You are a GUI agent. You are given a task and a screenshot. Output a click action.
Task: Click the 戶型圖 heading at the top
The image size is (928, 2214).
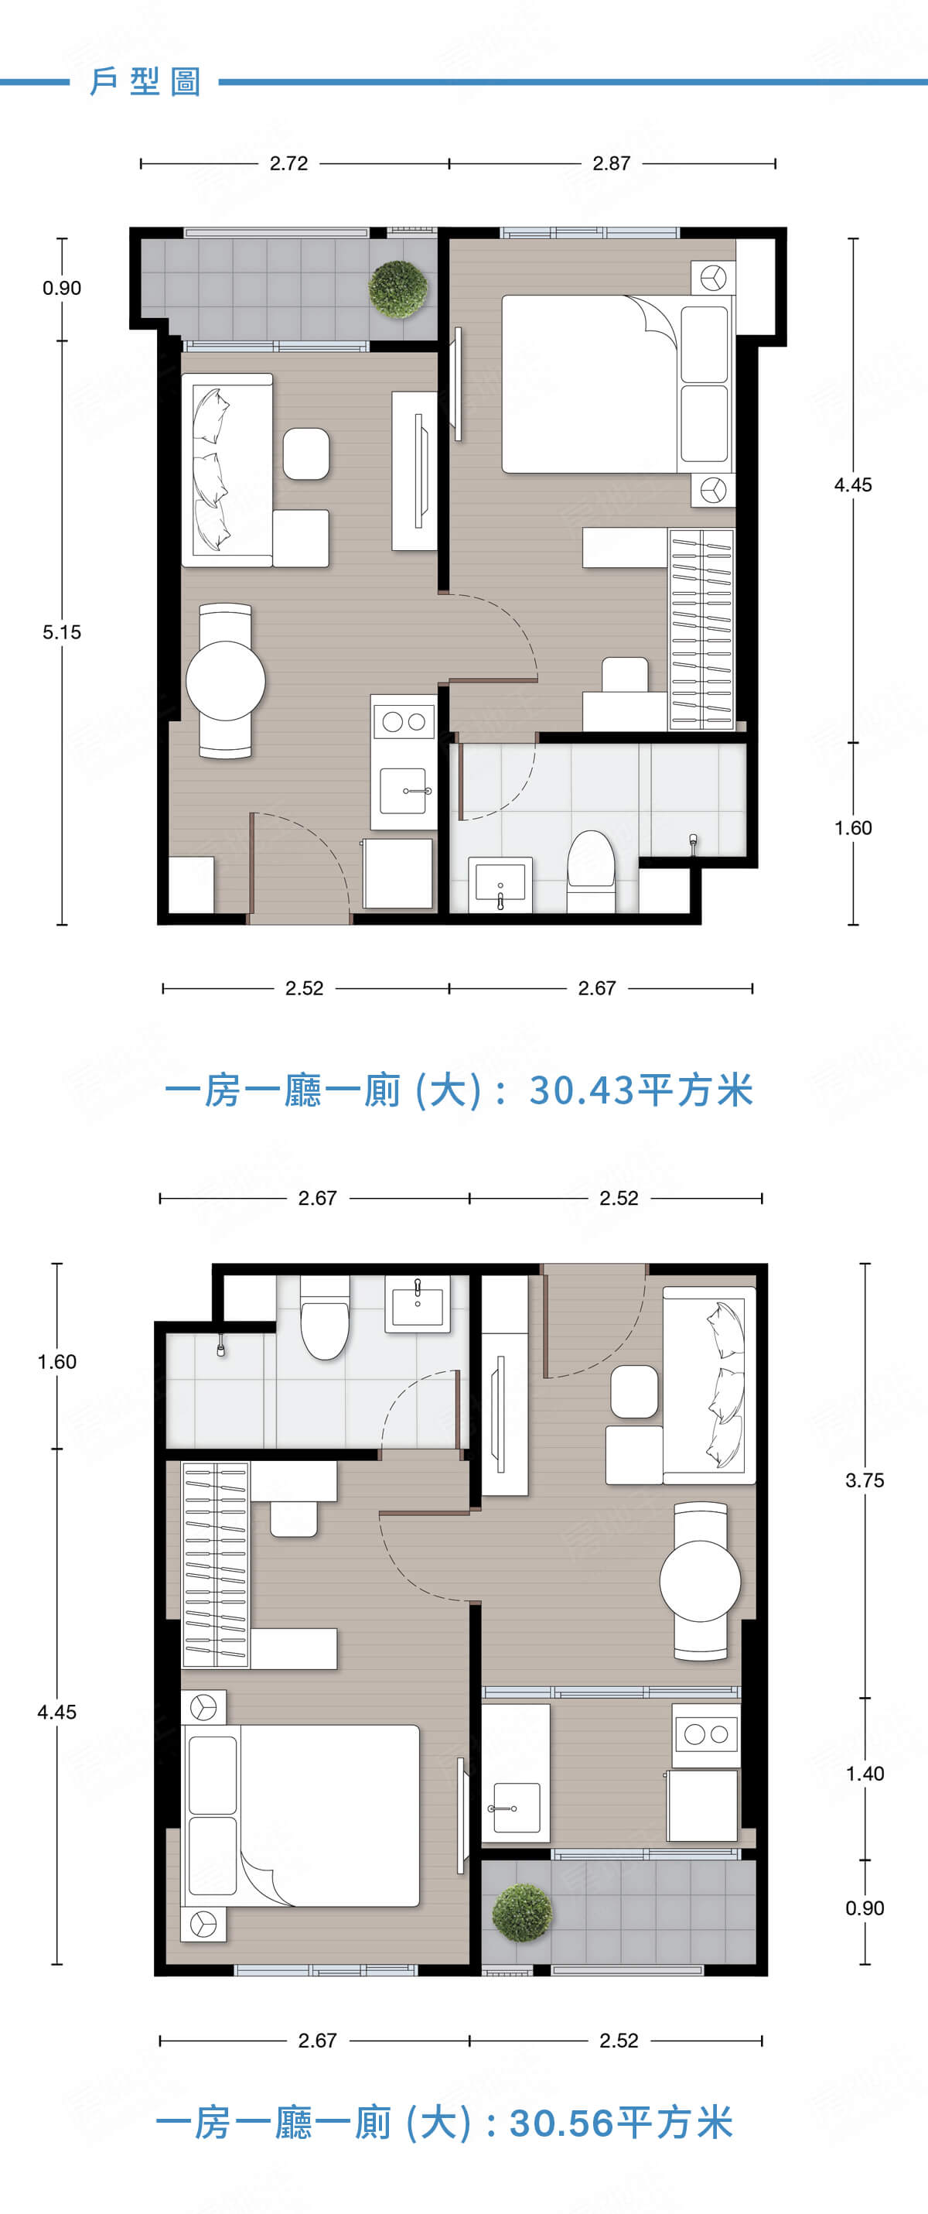click(145, 82)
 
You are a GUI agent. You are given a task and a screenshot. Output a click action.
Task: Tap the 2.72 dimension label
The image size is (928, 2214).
click(288, 163)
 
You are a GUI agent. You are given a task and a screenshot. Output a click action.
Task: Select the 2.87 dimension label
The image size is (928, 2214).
click(611, 163)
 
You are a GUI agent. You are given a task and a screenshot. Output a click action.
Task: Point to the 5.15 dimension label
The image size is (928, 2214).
click(62, 632)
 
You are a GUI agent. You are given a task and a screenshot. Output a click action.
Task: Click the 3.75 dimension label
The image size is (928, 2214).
click(865, 1480)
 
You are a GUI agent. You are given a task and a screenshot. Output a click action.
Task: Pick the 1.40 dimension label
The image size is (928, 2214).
click(865, 1773)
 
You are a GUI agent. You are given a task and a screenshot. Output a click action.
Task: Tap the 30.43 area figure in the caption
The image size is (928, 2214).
click(582, 1090)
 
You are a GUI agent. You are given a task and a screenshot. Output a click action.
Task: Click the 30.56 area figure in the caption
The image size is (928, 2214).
click(562, 2122)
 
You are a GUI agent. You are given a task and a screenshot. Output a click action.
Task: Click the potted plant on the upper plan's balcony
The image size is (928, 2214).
click(397, 289)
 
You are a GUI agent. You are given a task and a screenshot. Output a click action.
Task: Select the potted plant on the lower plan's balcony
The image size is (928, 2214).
click(521, 1912)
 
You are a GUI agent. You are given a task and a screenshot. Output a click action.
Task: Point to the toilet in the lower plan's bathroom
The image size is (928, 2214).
click(325, 1316)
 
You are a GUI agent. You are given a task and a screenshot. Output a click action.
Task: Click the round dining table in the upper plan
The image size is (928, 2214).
click(225, 681)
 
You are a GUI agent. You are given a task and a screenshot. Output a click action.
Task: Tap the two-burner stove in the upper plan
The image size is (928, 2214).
click(404, 721)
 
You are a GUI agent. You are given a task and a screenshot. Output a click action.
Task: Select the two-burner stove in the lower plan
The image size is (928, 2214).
click(705, 1733)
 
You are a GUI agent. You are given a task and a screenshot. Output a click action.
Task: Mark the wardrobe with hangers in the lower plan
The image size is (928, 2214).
click(216, 1564)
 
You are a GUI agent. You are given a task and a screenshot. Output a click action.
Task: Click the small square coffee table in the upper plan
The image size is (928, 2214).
click(306, 453)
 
